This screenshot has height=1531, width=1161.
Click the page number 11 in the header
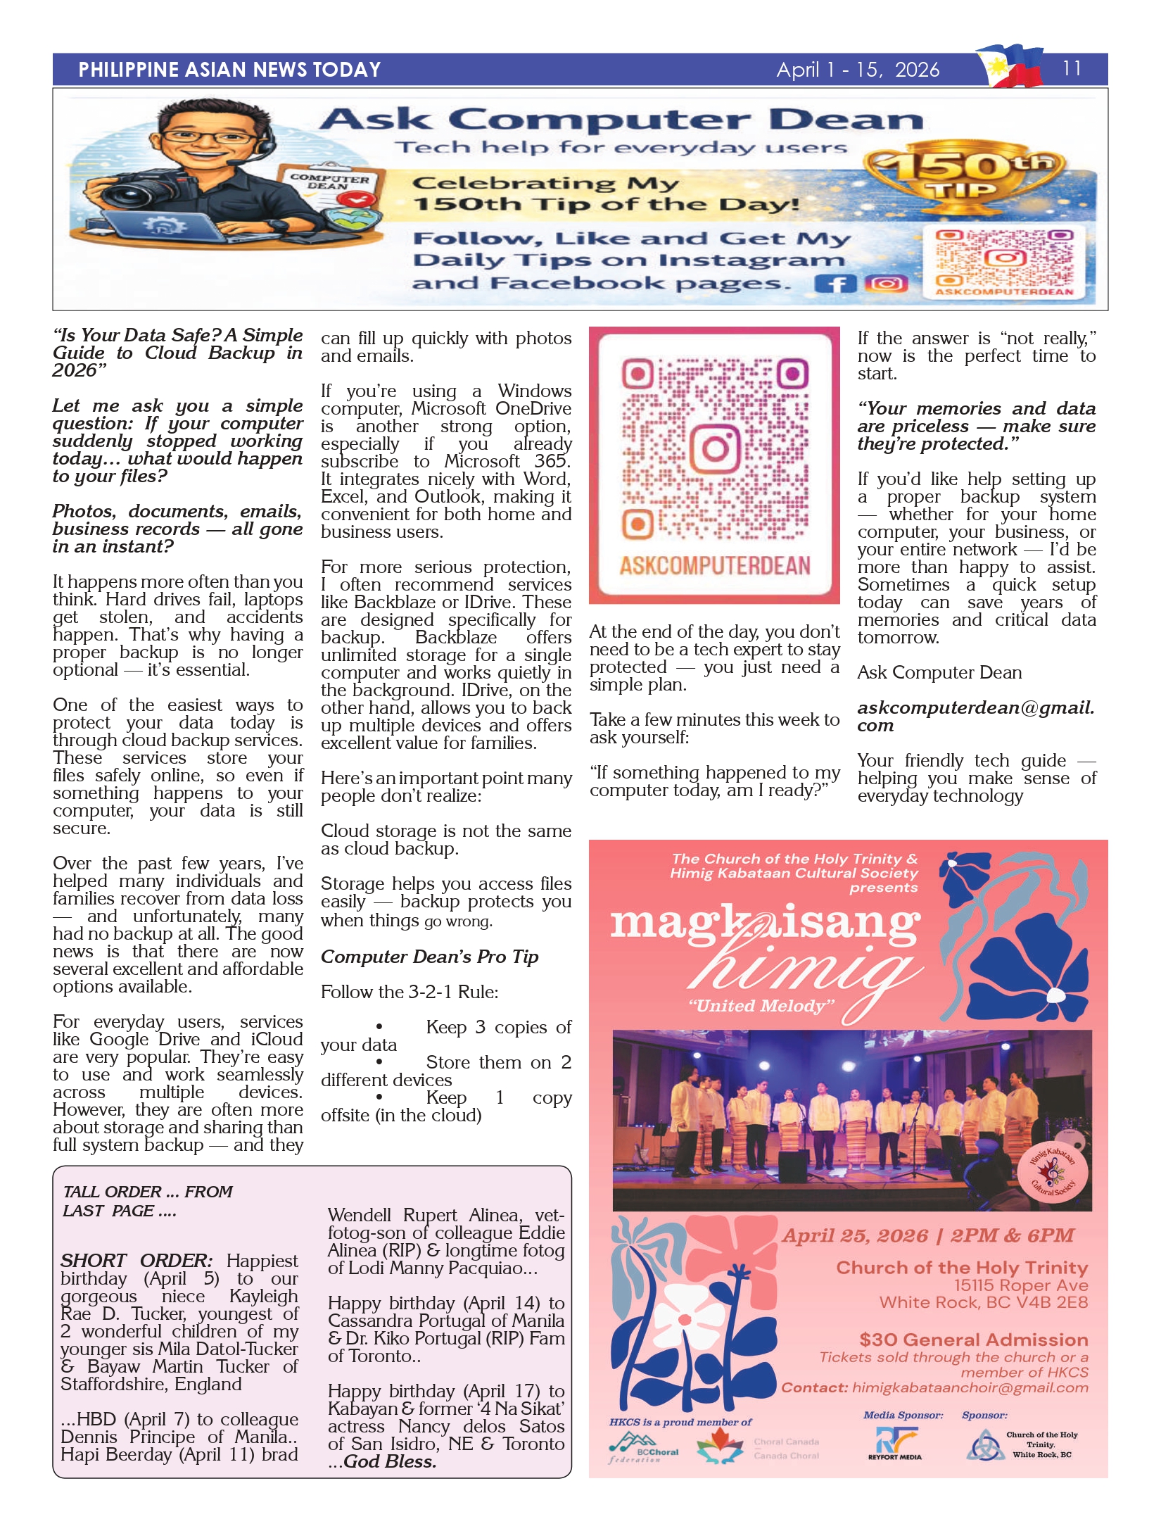[x=1071, y=68]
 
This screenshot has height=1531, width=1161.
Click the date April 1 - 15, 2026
[x=858, y=70]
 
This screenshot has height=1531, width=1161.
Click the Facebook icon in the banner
[x=835, y=284]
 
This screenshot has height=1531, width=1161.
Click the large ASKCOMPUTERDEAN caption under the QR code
[x=714, y=566]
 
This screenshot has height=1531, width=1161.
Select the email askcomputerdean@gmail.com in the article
[x=975, y=716]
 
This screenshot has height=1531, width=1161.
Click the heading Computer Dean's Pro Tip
[x=429, y=957]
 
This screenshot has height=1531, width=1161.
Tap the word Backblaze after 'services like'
[x=394, y=603]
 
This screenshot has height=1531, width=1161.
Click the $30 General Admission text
[x=973, y=1340]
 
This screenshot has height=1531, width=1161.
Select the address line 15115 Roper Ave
[x=1020, y=1285]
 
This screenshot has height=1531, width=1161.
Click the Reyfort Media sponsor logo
[x=895, y=1443]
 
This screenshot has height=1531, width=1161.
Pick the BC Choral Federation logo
[x=644, y=1447]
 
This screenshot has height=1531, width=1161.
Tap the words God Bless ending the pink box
[x=390, y=1462]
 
